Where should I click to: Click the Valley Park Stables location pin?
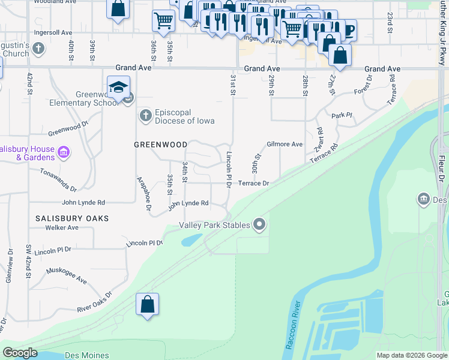click(x=259, y=225)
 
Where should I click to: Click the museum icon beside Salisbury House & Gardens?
click(x=63, y=153)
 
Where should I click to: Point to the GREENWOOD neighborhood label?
click(x=160, y=145)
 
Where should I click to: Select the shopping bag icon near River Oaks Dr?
click(x=147, y=305)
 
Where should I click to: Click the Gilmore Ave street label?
click(x=285, y=145)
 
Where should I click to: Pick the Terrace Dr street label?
click(x=253, y=183)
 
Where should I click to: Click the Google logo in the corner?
click(x=20, y=353)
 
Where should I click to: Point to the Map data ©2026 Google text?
click(x=411, y=355)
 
